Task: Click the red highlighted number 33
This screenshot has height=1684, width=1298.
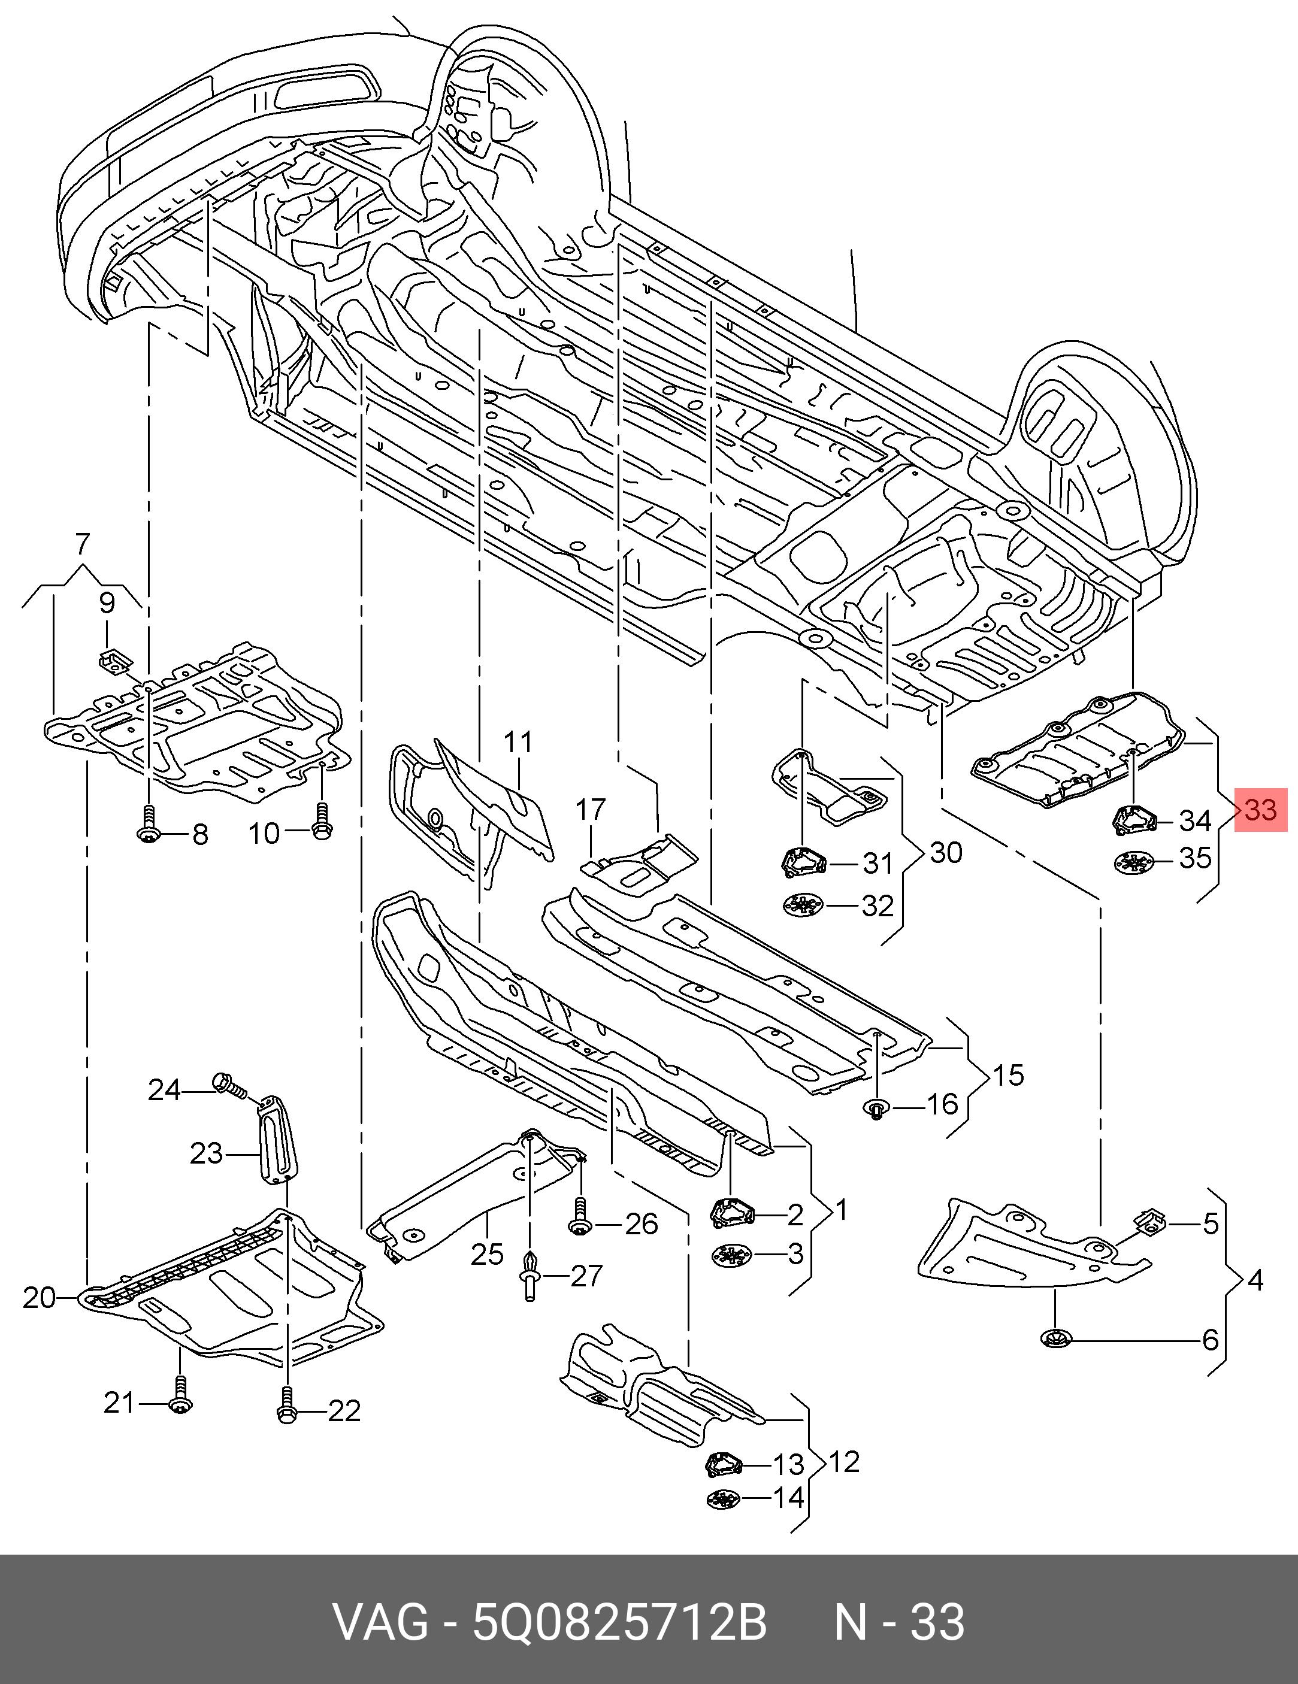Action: point(1261,810)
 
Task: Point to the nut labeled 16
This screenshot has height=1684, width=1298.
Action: point(876,1110)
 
